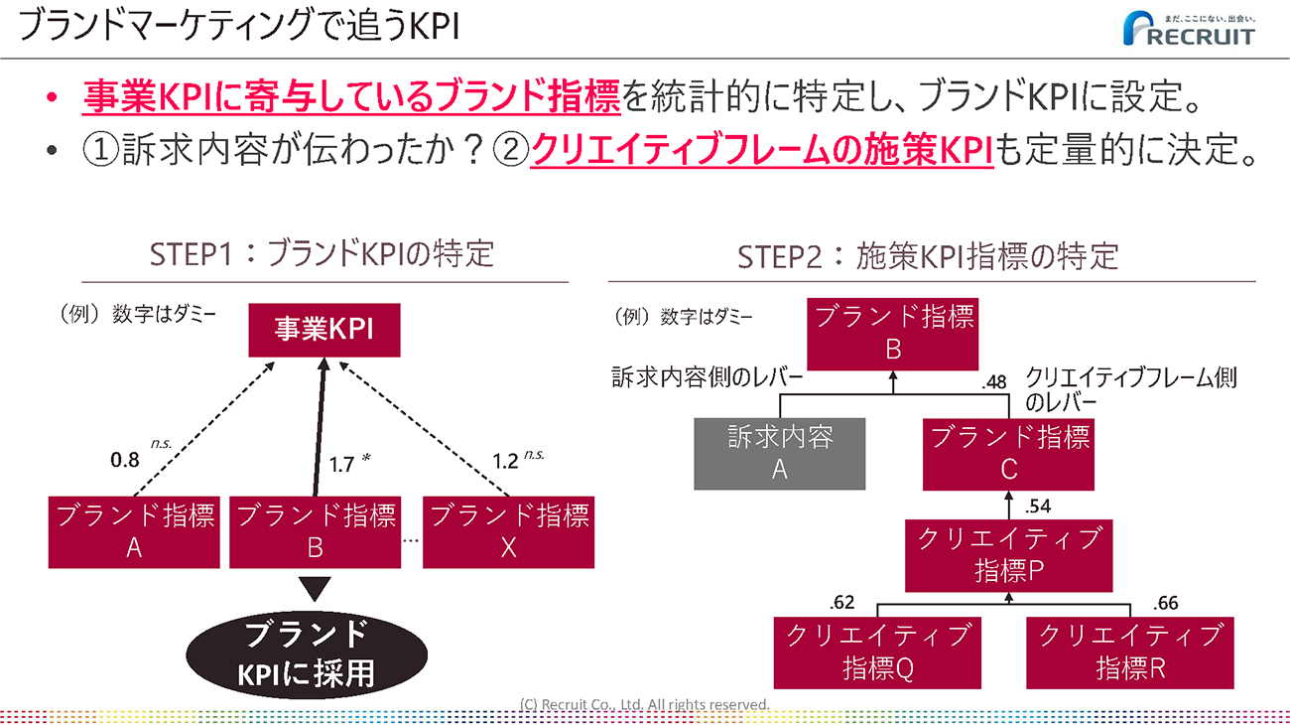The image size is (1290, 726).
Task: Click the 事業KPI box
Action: coord(323,330)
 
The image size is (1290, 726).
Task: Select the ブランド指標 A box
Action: coord(134,531)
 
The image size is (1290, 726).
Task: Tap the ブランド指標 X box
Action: coord(508,531)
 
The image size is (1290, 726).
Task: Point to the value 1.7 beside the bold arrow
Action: coord(341,463)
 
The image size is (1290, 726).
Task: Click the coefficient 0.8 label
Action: coord(124,461)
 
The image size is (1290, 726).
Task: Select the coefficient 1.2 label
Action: coord(505,461)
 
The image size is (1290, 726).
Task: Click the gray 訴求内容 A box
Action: coord(779,453)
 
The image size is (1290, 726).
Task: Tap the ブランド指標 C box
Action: coord(1008,453)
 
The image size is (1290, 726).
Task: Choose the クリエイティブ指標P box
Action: coord(1008,554)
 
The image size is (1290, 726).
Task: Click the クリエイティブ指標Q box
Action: coord(877,653)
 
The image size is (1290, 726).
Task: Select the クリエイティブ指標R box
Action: coord(1130,653)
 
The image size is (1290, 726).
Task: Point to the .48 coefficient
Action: coord(993,380)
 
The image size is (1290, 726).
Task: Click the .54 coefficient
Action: coord(1036,507)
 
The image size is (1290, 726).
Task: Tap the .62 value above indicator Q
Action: coord(840,602)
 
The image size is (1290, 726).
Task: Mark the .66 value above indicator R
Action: coord(1166,602)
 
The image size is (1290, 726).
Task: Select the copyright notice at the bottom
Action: coord(645,704)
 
